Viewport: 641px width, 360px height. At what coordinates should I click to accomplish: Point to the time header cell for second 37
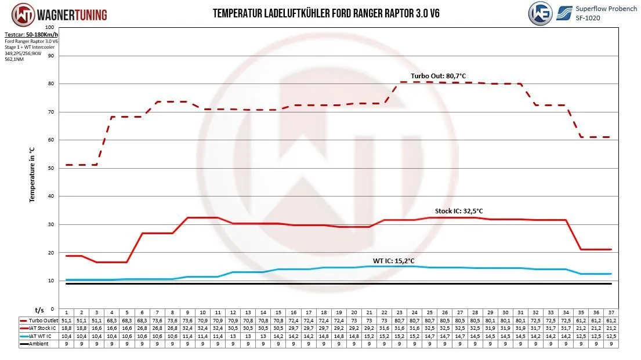611,312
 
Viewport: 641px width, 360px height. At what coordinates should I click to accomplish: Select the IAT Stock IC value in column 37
611,328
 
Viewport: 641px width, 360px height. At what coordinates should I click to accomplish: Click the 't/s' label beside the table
39,310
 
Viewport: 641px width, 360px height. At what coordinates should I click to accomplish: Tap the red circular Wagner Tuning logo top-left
22,14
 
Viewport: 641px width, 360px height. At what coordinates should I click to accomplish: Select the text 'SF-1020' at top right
588,18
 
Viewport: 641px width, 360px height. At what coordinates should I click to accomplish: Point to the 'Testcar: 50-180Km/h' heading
30,35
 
